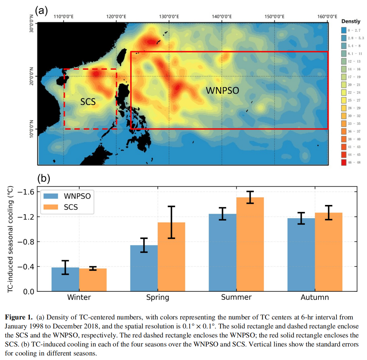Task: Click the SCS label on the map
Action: click(x=88, y=102)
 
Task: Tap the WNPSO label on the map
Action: click(x=222, y=91)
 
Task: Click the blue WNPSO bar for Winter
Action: click(x=65, y=279)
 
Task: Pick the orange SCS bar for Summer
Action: click(x=250, y=244)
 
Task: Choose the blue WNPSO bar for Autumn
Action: click(x=301, y=255)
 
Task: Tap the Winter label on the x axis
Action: click(x=79, y=297)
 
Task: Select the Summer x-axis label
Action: click(x=236, y=297)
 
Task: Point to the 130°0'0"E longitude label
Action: click(x=169, y=16)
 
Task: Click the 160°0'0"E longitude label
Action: click(x=327, y=16)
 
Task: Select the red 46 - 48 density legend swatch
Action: click(x=344, y=162)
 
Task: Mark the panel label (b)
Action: click(x=44, y=178)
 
